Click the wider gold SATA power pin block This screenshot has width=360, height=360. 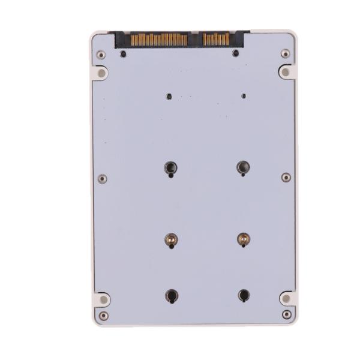tap(159, 40)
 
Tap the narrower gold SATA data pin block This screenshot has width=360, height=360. tap(216, 40)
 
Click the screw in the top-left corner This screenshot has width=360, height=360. tap(101, 55)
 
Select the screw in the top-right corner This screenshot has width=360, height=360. tap(285, 53)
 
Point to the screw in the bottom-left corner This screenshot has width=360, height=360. tap(104, 316)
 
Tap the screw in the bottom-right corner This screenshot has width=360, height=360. tap(287, 314)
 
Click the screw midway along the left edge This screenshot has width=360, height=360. tap(103, 179)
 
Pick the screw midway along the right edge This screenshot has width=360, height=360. tap(286, 178)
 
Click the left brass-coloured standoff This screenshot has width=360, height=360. tap(171, 240)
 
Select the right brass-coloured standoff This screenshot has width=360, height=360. tap(243, 239)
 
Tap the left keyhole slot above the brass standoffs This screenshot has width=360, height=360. tap(170, 168)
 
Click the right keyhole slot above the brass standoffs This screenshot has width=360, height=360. tap(242, 167)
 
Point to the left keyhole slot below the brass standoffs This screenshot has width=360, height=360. tap(172, 295)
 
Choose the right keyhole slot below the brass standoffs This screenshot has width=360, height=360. tap(244, 295)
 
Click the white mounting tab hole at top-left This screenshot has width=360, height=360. tap(101, 73)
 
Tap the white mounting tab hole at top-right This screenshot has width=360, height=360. tap(286, 71)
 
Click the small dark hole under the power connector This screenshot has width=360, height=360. tap(124, 54)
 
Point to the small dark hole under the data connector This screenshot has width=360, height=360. tap(236, 53)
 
